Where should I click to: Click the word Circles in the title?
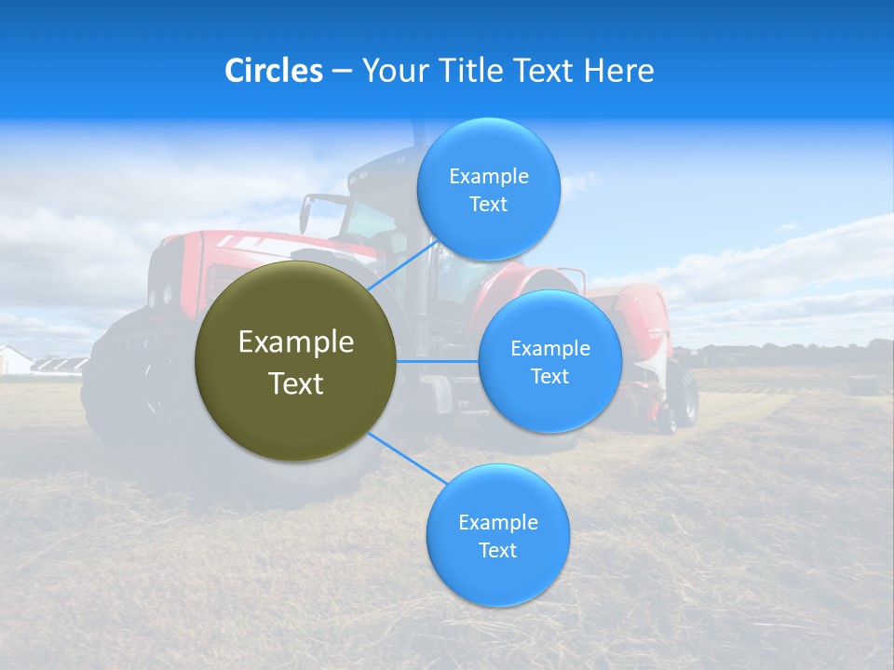point(273,71)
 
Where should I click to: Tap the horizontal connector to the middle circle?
point(438,361)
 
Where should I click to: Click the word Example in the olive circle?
point(296,342)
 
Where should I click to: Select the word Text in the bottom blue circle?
point(497,551)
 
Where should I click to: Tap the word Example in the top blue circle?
point(488,177)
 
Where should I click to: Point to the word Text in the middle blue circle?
point(549,377)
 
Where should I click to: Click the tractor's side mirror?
point(305,214)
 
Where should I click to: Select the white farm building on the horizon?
point(14,360)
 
